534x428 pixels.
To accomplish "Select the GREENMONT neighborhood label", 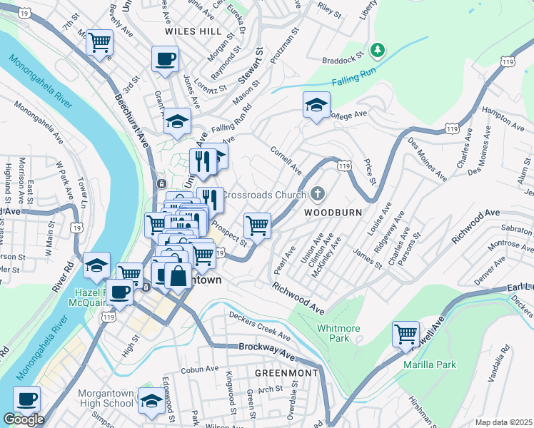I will (x=286, y=373).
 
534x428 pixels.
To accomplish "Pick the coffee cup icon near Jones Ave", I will (x=165, y=58).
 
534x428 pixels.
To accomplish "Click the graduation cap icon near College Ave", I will (x=316, y=106).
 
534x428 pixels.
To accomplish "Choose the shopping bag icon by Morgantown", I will (x=178, y=275).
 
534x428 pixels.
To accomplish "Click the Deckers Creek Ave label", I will (x=260, y=325).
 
